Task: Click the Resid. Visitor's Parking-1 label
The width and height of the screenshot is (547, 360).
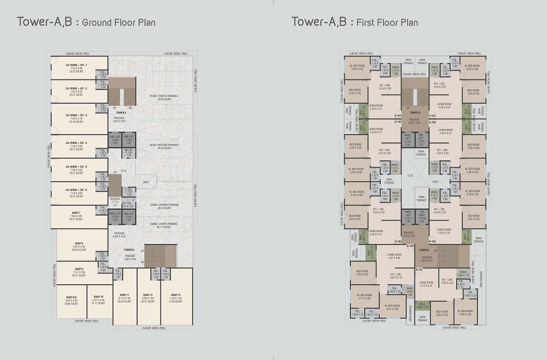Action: (x=165, y=146)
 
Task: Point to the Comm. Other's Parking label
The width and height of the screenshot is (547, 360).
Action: (x=164, y=225)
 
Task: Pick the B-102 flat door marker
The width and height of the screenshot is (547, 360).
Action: (x=411, y=246)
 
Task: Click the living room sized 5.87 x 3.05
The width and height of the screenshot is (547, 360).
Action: (x=394, y=256)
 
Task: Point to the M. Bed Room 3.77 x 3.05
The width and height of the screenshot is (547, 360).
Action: (x=364, y=296)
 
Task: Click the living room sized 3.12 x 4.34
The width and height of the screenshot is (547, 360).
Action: (x=426, y=284)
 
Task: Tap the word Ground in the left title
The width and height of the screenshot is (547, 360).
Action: (x=96, y=23)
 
